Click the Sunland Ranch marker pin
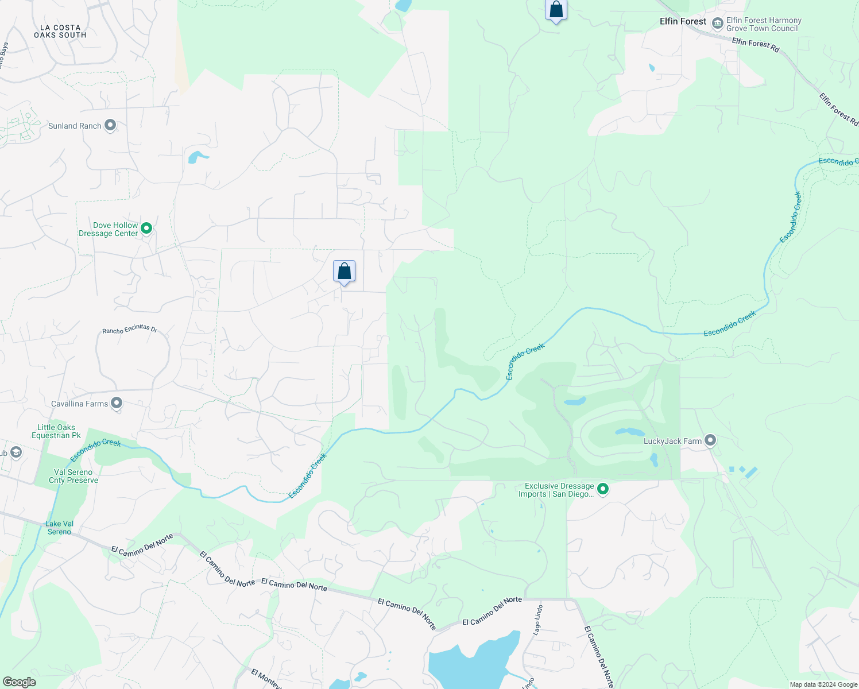(x=110, y=125)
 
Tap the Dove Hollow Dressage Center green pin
(x=146, y=229)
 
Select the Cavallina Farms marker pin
(x=117, y=403)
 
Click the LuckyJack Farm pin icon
(x=710, y=440)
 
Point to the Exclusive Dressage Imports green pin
(x=603, y=489)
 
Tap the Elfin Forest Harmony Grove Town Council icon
(x=717, y=24)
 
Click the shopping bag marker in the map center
(x=344, y=272)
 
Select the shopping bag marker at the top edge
(x=556, y=10)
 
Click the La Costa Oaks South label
(x=60, y=31)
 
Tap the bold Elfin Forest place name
(x=683, y=21)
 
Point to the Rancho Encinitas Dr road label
(x=130, y=329)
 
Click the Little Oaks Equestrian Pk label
(x=56, y=431)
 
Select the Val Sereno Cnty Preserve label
(x=73, y=476)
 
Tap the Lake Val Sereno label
(x=60, y=528)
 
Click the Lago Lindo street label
(x=537, y=620)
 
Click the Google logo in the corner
(x=19, y=682)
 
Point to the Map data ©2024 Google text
(x=823, y=684)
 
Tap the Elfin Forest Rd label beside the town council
(x=755, y=45)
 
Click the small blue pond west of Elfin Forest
(x=652, y=68)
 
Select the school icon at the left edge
(x=16, y=453)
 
